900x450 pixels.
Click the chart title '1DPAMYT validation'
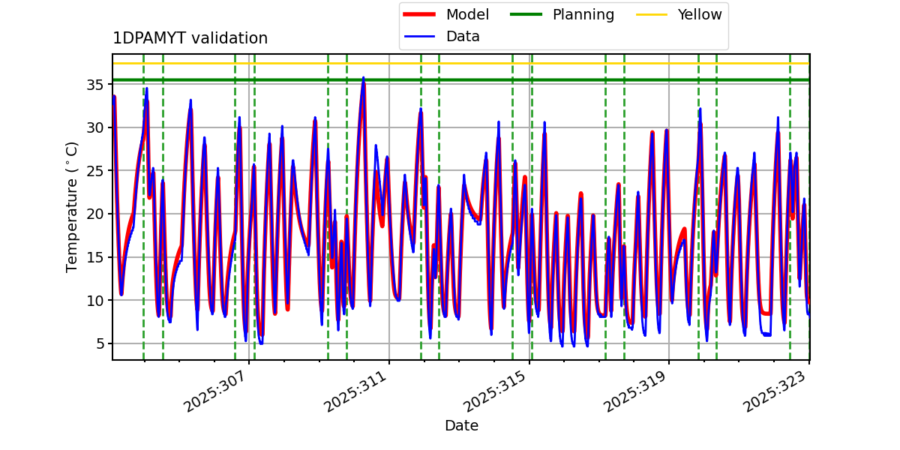click(190, 38)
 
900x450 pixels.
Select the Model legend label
click(467, 14)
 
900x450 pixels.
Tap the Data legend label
click(463, 36)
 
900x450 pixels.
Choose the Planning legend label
click(583, 14)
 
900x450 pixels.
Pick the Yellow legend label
click(699, 14)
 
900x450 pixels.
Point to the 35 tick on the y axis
click(96, 84)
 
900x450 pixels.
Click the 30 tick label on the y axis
click(96, 127)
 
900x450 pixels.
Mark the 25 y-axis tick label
click(96, 171)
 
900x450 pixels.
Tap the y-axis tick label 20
click(96, 214)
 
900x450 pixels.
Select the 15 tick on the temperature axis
click(96, 257)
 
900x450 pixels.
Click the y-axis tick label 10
click(96, 301)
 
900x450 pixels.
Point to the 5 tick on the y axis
click(100, 344)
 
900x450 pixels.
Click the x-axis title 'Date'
click(461, 426)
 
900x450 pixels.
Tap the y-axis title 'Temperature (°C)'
click(73, 206)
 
